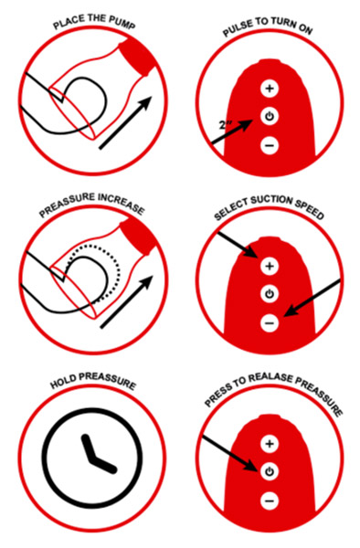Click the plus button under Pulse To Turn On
pos(270,89)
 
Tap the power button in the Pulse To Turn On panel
pos(270,116)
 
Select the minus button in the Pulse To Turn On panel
pos(270,144)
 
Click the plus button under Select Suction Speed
pos(270,267)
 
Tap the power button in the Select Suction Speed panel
pos(270,294)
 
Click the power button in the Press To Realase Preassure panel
pos(270,472)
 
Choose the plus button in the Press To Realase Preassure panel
pos(270,444)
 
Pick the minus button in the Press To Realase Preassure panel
pos(270,501)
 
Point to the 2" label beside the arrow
pos(227,125)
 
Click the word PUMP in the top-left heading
pos(122,24)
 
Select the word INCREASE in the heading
pos(121,204)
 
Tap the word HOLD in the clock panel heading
pos(63,382)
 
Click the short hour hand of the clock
pos(88,448)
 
